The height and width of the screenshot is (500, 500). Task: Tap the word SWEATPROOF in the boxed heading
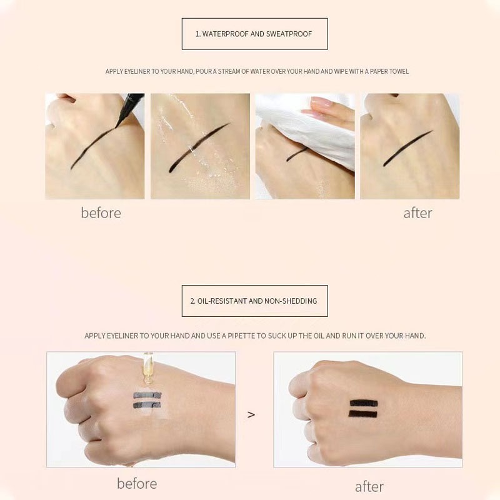point(289,34)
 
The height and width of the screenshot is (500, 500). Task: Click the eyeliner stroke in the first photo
point(92,147)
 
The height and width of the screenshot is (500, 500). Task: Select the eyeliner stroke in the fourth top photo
point(407,148)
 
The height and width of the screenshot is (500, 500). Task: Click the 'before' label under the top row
point(101,212)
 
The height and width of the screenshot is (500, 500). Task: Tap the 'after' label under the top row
point(417,213)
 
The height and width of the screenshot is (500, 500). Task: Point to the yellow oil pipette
point(147,367)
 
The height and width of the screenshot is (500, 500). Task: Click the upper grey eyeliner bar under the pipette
point(147,395)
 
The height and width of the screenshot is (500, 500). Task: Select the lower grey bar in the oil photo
point(147,405)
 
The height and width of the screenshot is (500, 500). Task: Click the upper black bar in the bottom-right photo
point(364,403)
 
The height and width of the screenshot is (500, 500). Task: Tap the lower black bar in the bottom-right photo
point(363,414)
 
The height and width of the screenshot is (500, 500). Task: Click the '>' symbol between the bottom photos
point(251,414)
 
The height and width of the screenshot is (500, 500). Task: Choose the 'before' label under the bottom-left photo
point(137,483)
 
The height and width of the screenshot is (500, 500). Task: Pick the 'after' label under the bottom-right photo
point(369,487)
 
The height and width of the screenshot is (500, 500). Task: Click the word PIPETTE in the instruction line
point(241,336)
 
